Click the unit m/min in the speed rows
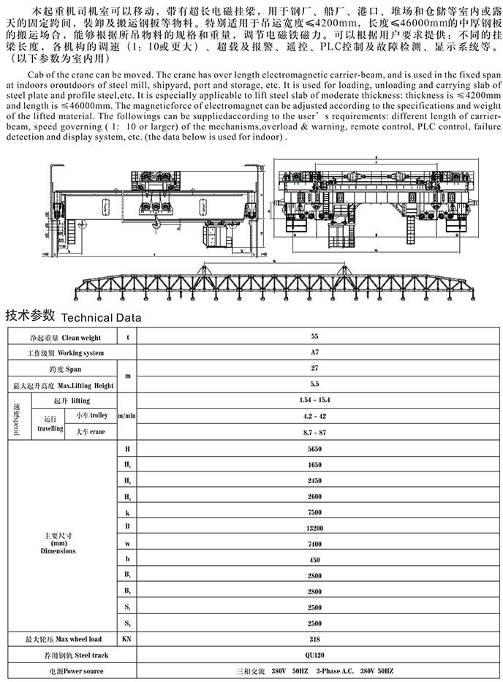128,417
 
